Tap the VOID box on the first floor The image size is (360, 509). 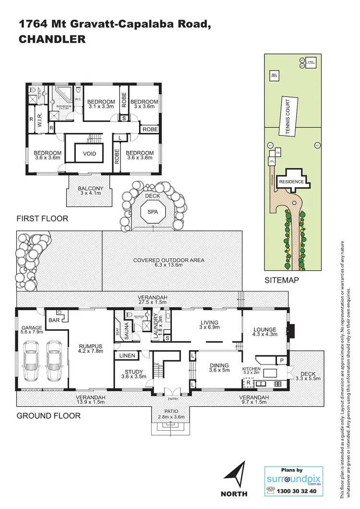[x=90, y=154]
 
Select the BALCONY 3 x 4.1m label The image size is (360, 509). [x=90, y=191]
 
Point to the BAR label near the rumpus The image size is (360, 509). [x=54, y=319]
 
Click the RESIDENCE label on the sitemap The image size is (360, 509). [x=291, y=182]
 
